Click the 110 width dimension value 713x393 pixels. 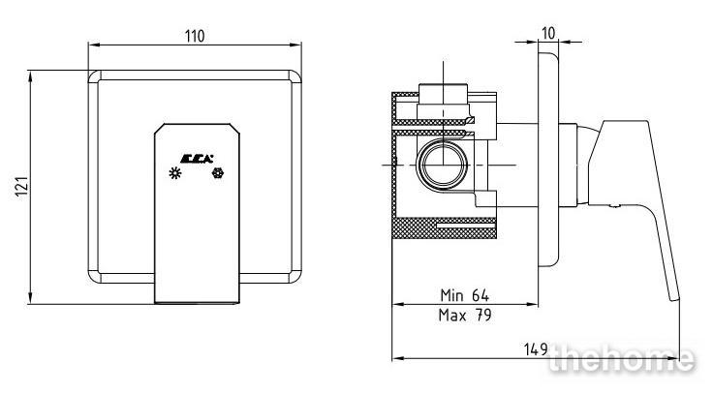pos(195,36)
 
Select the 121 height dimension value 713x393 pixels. pos(22,186)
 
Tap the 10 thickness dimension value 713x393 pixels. pos(548,33)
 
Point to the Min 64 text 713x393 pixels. pos(464,295)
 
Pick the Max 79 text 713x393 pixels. pos(465,315)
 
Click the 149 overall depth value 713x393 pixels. pos(536,348)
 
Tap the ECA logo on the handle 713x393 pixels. pos(197,159)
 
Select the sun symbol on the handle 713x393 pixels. pos(175,173)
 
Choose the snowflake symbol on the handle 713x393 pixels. pos(218,173)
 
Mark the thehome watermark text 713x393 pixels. pos(621,359)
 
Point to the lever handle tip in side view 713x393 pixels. pos(674,297)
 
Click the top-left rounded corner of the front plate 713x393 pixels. pos(93,75)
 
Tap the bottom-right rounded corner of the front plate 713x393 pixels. pos(296,278)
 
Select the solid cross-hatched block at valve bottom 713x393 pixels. pos(444,228)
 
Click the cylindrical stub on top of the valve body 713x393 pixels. pos(444,94)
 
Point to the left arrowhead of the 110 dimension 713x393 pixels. pos(94,45)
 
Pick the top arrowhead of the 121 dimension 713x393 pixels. pos(30,76)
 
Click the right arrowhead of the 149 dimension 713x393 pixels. pos(674,359)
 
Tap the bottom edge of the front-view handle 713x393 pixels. pos(197,302)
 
